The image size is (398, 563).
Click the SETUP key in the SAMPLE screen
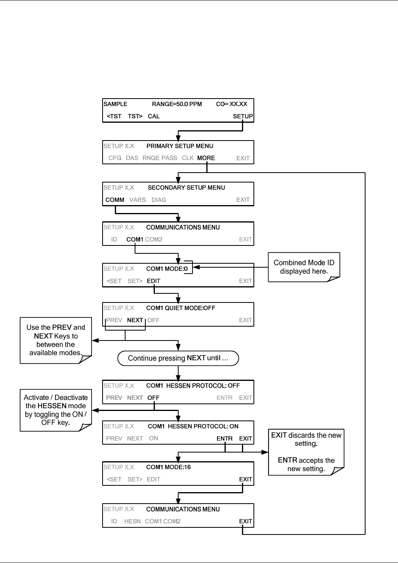coord(243,116)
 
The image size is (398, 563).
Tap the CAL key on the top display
coord(153,116)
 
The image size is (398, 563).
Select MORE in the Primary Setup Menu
coord(206,158)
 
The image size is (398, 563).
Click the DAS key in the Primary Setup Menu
coord(132,158)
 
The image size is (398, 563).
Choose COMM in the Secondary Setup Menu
coord(115,200)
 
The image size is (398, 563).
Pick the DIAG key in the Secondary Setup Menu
coord(159,200)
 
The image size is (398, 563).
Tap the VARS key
coord(137,200)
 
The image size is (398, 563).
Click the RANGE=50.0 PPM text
coord(177,104)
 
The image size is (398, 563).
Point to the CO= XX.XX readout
coord(231,104)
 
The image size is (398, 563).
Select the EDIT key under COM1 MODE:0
coord(153,281)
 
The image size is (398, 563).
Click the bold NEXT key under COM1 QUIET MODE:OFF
coord(135,320)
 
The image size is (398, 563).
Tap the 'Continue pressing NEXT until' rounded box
coord(178,358)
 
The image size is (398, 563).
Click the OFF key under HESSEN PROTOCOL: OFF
coord(153,398)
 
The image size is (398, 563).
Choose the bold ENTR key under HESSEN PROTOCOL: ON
coord(225,439)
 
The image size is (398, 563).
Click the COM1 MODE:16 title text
coord(168,467)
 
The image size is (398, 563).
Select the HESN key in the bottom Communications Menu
coord(132,521)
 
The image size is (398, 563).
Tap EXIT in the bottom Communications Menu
coord(246,521)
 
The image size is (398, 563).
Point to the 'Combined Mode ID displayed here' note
coord(304,267)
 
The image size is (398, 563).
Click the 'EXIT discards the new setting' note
coord(306,452)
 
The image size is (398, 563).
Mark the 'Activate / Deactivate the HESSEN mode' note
coord(55,410)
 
